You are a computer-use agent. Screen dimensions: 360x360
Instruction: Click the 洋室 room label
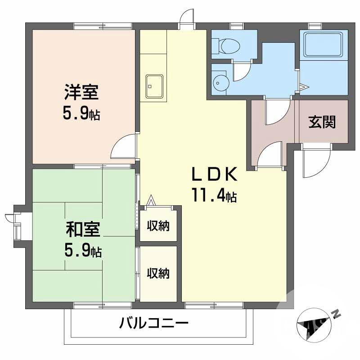tap(81, 92)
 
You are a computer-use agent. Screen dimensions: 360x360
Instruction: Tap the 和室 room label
tap(83, 229)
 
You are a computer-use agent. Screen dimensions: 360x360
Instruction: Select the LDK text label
tap(215, 174)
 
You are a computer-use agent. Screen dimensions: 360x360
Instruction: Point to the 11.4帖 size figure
tap(215, 195)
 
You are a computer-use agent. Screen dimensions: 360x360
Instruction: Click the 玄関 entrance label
tap(322, 121)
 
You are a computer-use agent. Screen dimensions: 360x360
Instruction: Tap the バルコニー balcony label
tap(153, 323)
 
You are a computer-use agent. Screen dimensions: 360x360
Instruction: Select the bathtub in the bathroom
tap(323, 45)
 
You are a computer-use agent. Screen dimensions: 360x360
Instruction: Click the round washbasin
tap(220, 82)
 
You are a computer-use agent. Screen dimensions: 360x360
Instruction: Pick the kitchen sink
tap(154, 86)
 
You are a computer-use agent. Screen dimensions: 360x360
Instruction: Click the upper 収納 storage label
tap(158, 226)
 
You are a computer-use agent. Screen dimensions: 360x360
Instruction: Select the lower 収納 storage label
tap(158, 273)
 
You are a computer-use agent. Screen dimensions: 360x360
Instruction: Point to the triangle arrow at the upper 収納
tap(151, 200)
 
